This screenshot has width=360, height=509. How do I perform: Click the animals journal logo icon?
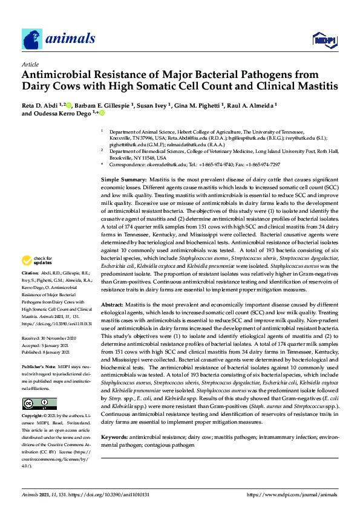32,39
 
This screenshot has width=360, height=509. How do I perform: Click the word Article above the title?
30,63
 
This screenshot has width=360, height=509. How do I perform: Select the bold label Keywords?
114,436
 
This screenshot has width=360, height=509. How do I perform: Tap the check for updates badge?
38,261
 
